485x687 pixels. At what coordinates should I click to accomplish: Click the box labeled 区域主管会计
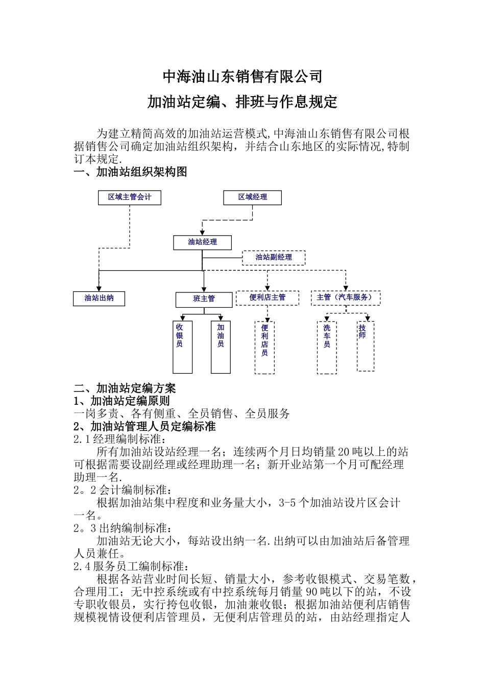[x=129, y=197]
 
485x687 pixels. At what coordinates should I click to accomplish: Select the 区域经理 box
[x=252, y=197]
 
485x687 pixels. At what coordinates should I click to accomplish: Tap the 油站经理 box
[x=203, y=242]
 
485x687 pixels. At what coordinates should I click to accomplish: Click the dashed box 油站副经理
[x=274, y=258]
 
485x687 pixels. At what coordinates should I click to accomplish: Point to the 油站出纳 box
[x=99, y=299]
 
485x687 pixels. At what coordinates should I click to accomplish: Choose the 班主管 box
[x=204, y=300]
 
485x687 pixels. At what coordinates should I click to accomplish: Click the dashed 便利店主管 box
[x=267, y=298]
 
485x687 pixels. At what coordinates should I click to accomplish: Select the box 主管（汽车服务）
[x=345, y=298]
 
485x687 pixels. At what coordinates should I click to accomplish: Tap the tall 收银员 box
[x=182, y=347]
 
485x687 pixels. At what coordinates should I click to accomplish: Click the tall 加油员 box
[x=221, y=347]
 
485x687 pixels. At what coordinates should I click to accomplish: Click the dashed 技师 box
[x=365, y=346]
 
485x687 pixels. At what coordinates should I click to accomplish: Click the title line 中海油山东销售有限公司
[x=243, y=77]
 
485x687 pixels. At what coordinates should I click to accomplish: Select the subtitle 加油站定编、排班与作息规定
[x=243, y=102]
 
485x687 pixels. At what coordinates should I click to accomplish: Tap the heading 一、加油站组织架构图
[x=131, y=172]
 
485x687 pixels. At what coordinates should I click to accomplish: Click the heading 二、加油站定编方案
[x=125, y=388]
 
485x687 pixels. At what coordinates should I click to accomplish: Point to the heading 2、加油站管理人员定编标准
[x=144, y=426]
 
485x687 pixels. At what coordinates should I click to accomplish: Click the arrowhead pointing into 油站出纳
[x=99, y=289]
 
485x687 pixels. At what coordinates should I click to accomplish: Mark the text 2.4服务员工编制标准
[x=131, y=566]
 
